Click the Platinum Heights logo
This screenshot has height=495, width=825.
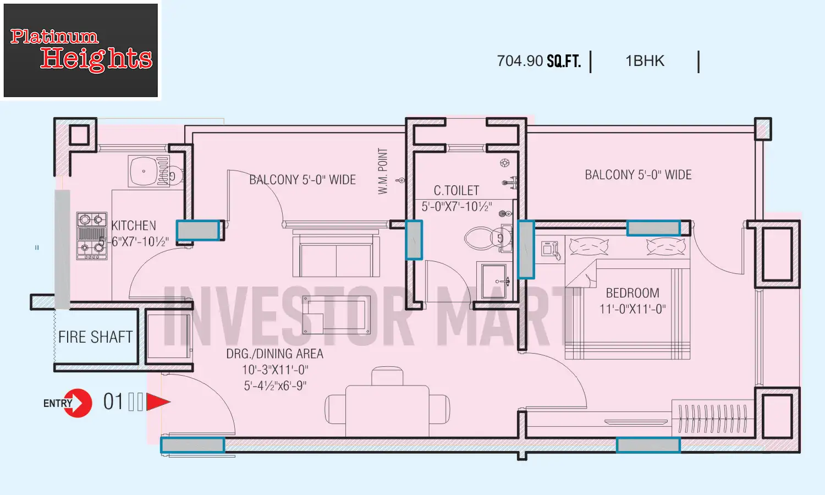click(x=81, y=51)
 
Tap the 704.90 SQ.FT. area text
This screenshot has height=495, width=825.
click(x=538, y=61)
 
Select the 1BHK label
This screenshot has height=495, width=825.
click(x=645, y=61)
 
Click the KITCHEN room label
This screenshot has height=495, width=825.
click(x=134, y=226)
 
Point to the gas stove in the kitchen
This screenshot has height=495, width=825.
click(x=91, y=235)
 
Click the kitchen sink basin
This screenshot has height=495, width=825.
click(x=143, y=171)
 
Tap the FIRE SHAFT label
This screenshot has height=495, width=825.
click(x=95, y=337)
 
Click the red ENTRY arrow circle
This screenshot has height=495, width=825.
click(x=77, y=403)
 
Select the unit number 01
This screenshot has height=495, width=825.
click(x=113, y=402)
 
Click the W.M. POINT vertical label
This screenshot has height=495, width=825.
click(x=383, y=171)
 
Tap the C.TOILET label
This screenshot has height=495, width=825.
click(x=456, y=190)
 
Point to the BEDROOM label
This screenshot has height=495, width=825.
click(x=632, y=293)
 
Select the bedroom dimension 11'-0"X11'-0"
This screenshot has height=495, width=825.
click(x=632, y=309)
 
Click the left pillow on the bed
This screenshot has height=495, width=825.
click(x=588, y=247)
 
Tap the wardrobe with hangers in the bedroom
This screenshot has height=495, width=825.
click(x=712, y=418)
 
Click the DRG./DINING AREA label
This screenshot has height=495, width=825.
click(x=274, y=354)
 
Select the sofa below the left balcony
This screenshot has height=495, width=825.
click(x=336, y=255)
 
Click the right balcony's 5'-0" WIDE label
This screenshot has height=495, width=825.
click(x=638, y=175)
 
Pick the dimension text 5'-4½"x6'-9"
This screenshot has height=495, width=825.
click(x=275, y=386)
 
